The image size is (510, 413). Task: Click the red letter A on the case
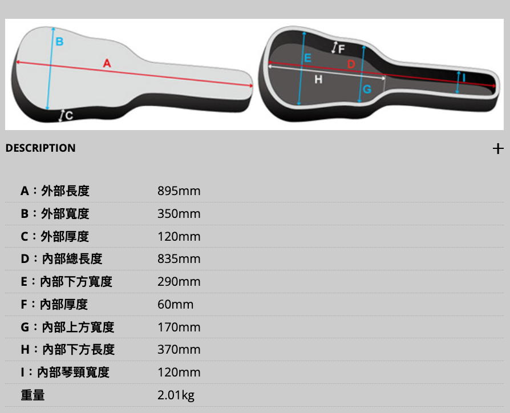[107, 63]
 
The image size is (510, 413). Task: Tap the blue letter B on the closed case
[59, 41]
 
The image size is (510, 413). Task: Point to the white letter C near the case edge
[69, 115]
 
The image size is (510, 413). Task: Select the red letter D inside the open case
[351, 64]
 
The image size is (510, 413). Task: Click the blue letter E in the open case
[307, 58]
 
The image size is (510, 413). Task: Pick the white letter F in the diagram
[341, 49]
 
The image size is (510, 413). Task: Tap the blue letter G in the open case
[367, 89]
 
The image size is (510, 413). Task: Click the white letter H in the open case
[318, 79]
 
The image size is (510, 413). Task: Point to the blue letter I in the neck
[464, 78]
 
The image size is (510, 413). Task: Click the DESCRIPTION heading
[41, 148]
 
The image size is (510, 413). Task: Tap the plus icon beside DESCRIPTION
[498, 149]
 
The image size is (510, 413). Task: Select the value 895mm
[179, 191]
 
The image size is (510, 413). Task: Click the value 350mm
[179, 214]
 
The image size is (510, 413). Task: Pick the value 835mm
[179, 259]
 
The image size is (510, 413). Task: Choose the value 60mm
[175, 305]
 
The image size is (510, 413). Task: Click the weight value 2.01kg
[176, 395]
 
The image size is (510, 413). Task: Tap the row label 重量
[33, 395]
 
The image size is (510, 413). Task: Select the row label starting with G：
[67, 327]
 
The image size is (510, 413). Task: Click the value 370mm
[179, 350]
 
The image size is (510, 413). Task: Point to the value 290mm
[179, 282]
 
